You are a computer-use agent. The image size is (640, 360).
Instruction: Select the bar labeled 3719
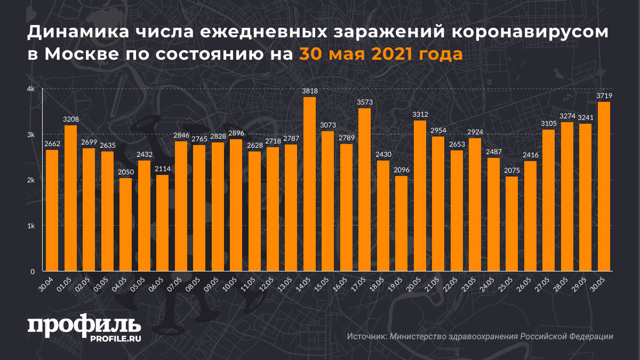pos(604,186)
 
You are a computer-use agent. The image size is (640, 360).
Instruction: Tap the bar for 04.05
pos(125,225)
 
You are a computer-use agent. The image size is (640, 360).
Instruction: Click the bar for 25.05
pos(512,223)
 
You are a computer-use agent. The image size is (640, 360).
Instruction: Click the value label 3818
pos(310,91)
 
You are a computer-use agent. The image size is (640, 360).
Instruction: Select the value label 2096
pos(402,170)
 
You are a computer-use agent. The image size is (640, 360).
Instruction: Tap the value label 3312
pos(420,115)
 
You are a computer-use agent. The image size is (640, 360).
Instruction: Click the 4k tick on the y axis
pos(31,89)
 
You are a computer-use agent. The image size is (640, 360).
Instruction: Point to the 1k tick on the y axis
pos(31,226)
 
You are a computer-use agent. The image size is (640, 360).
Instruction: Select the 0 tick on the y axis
pos(33,271)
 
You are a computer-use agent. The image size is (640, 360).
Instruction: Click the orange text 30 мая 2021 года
pos(380,54)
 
